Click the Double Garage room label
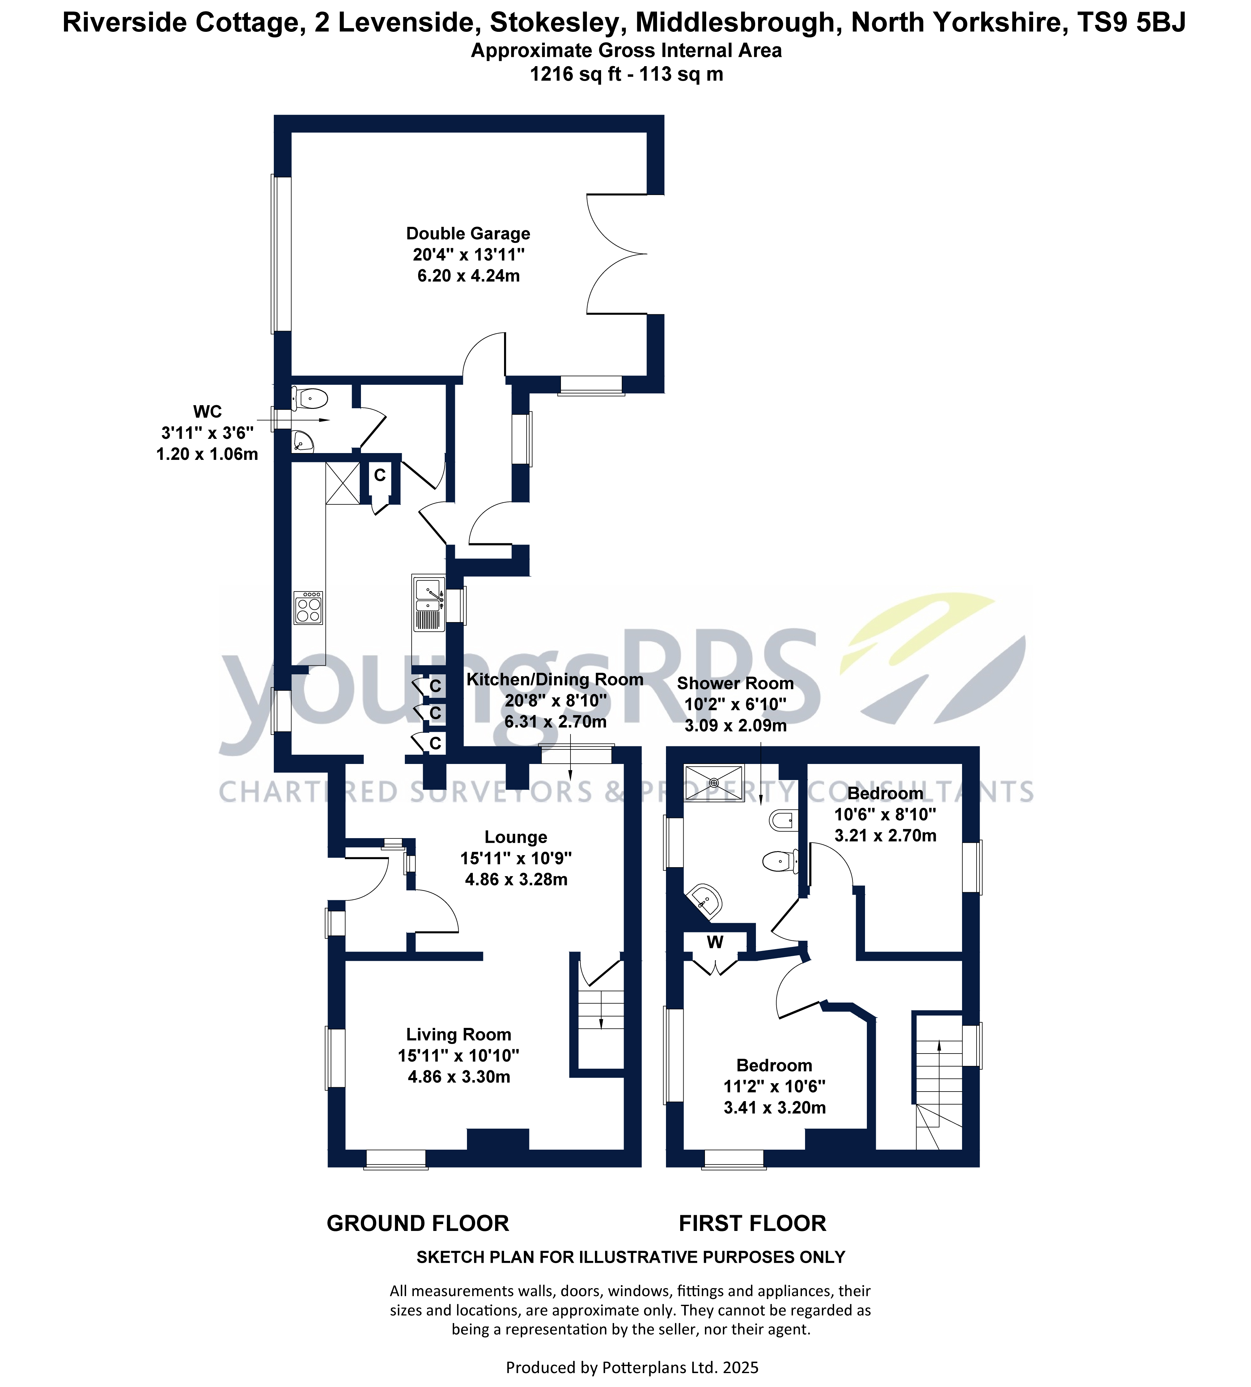click(x=468, y=234)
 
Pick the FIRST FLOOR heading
click(x=752, y=1224)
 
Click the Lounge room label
click(x=515, y=837)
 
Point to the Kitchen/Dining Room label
click(x=555, y=680)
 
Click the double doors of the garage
click(x=615, y=254)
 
